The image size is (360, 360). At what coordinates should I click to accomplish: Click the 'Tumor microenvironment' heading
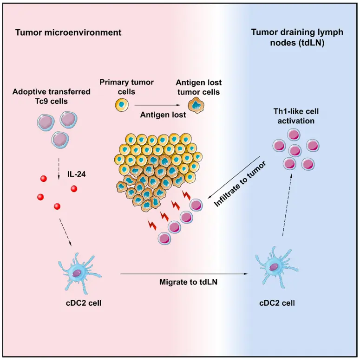[x=68, y=32]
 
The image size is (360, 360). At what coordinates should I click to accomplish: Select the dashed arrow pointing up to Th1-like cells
[x=288, y=205]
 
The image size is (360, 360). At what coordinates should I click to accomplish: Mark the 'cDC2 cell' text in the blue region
[x=278, y=303]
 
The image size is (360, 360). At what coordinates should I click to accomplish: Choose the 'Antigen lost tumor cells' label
[x=198, y=87]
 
